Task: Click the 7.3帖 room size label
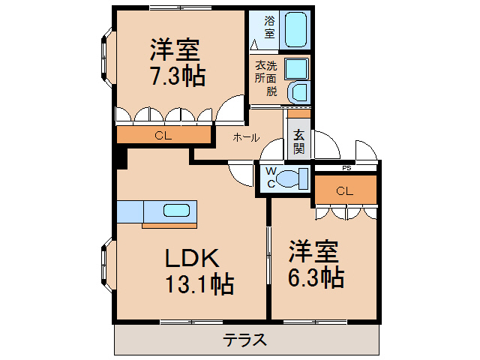click(176, 76)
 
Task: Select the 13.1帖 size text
click(199, 284)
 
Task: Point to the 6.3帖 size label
click(316, 277)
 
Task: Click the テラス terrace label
click(244, 339)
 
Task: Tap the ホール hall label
click(246, 137)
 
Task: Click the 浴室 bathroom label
click(268, 28)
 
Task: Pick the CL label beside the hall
click(162, 136)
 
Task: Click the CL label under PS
click(343, 191)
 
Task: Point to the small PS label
click(346, 168)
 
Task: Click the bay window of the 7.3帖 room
click(104, 55)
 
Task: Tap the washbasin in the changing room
click(297, 92)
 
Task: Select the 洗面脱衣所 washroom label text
click(265, 78)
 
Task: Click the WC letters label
click(271, 178)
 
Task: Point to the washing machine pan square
click(296, 69)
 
